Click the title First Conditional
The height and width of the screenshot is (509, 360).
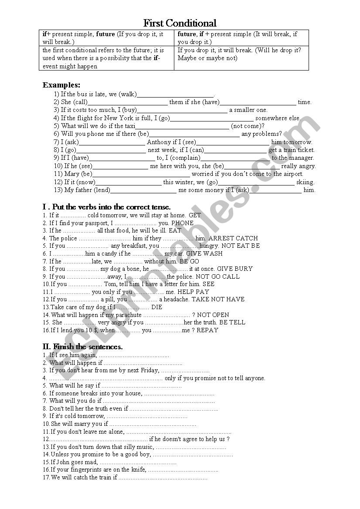point(180,23)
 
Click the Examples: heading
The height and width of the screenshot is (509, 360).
point(61,85)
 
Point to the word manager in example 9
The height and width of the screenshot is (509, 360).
point(302,158)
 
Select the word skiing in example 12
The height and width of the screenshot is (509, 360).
point(305,182)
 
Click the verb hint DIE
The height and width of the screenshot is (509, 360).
point(156,307)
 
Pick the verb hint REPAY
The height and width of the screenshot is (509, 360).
point(207,330)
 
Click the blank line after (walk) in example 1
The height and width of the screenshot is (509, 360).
point(175,94)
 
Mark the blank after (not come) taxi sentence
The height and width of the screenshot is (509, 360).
point(183,126)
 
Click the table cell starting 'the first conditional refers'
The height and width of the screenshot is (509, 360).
point(106,58)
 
